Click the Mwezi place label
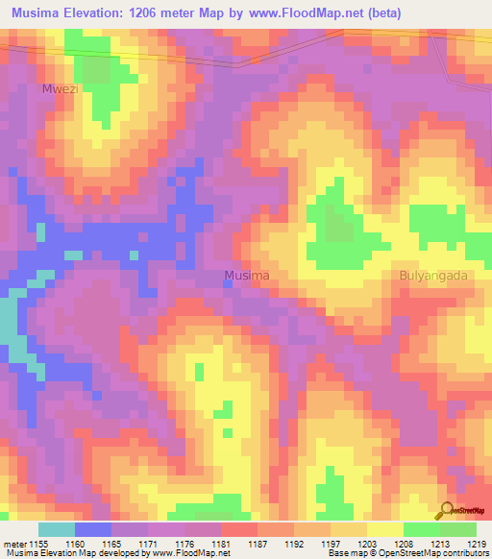click(x=58, y=88)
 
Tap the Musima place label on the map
click(x=246, y=276)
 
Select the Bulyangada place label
click(x=432, y=276)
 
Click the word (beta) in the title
click(x=383, y=12)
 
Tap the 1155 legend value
click(x=40, y=544)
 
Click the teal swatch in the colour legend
click(x=57, y=529)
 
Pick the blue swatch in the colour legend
click(x=93, y=529)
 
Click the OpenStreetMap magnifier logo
click(x=448, y=511)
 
